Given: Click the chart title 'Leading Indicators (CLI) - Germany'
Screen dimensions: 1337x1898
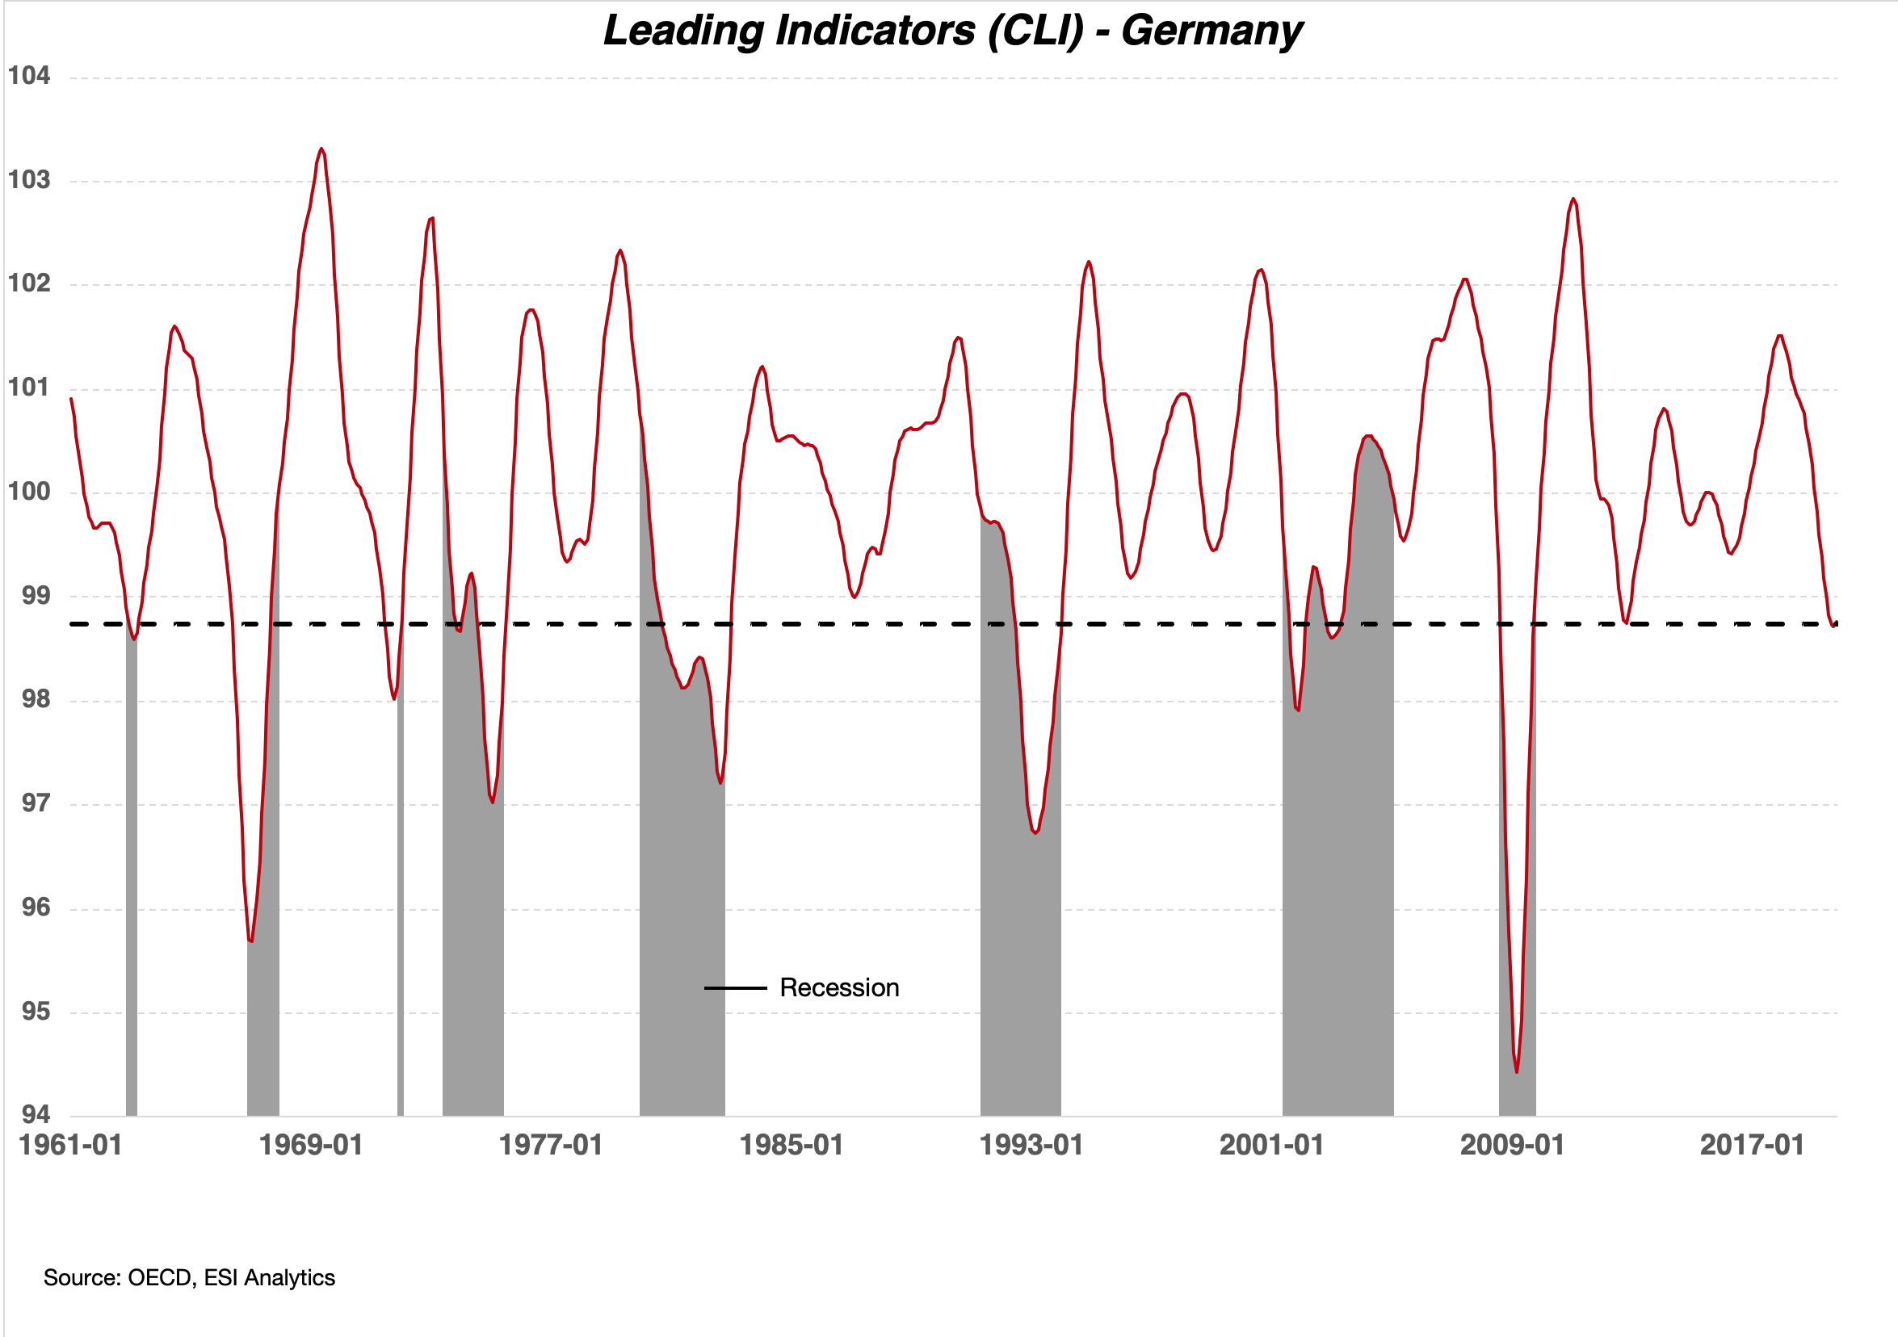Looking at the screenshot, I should pyautogui.click(x=952, y=31).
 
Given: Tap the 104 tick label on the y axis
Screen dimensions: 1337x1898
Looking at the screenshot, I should pyautogui.click(x=29, y=76).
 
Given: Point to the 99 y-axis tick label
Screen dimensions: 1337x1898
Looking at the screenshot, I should pyautogui.click(x=36, y=595).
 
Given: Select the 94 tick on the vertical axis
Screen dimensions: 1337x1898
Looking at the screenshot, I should pyautogui.click(x=36, y=1115).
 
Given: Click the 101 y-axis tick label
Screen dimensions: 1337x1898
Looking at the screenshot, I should pyautogui.click(x=29, y=388).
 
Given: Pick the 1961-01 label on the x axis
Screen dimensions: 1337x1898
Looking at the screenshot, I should pyautogui.click(x=71, y=1146).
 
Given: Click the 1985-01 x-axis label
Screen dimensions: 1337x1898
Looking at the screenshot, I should pyautogui.click(x=792, y=1146).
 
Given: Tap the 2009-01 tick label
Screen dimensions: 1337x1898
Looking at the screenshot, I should pyautogui.click(x=1512, y=1146).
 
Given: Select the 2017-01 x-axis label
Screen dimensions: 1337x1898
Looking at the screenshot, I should pyautogui.click(x=1752, y=1146).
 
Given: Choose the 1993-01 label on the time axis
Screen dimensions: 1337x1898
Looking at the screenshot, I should pyautogui.click(x=1031, y=1146).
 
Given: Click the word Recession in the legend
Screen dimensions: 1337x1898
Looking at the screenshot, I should pyautogui.click(x=839, y=987).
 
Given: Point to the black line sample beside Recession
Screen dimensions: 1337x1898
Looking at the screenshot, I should pyautogui.click(x=735, y=988).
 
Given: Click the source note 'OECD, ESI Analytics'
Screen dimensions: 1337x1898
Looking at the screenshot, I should pyautogui.click(x=189, y=1277).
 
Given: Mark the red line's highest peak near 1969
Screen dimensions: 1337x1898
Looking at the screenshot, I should pyautogui.click(x=321, y=149).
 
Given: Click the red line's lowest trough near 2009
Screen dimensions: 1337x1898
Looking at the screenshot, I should pyautogui.click(x=1517, y=1071).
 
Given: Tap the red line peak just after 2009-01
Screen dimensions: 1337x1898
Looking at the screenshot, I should pyautogui.click(x=1573, y=199).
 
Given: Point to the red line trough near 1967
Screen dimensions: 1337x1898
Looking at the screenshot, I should pyautogui.click(x=250, y=941).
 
